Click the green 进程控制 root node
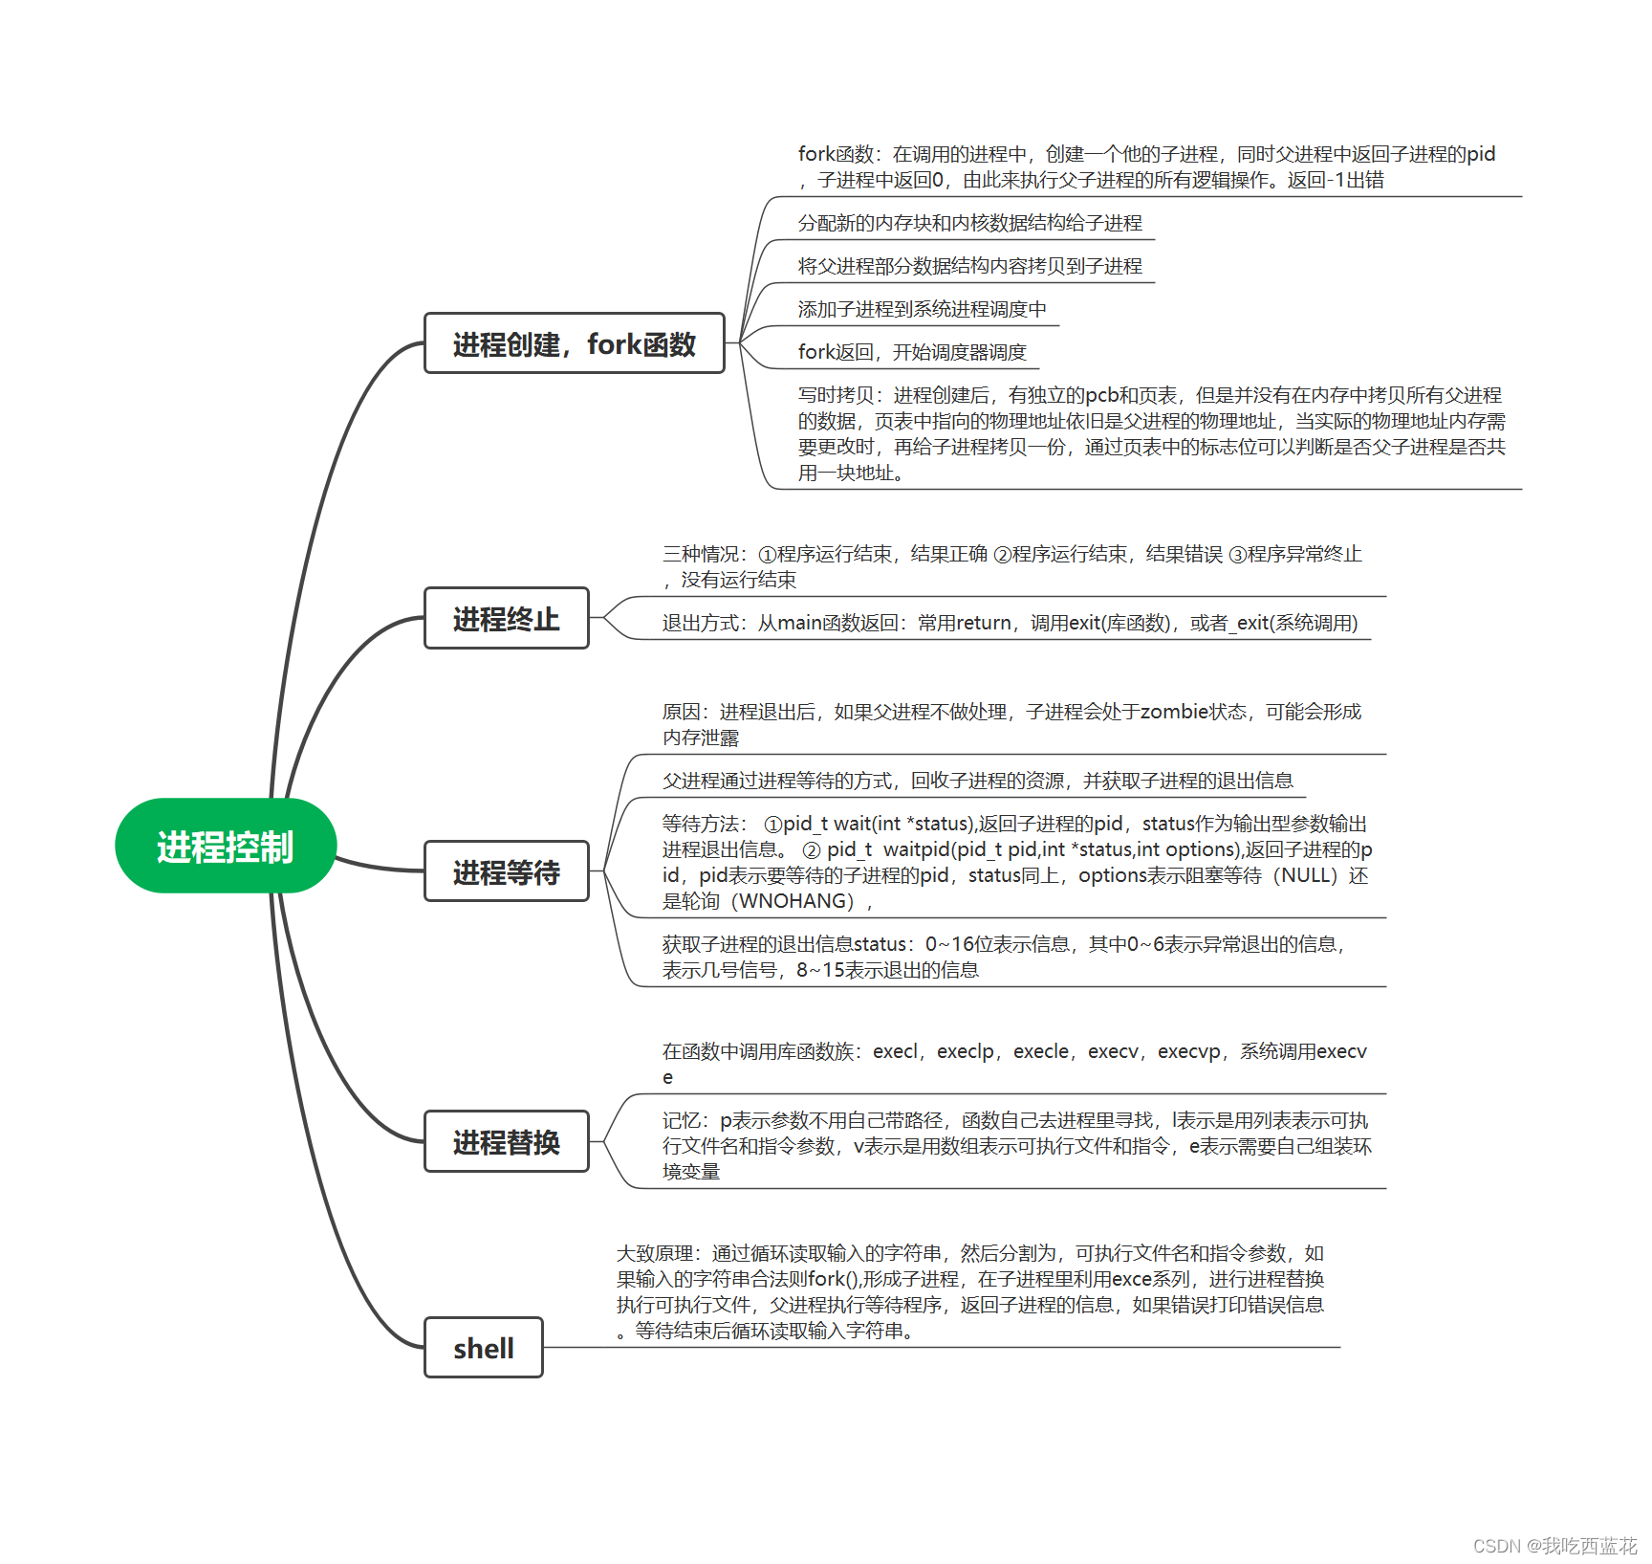click(x=226, y=846)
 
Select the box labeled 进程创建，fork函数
click(x=574, y=343)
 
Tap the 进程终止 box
click(x=506, y=619)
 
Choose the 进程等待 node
click(x=506, y=871)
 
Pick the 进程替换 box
click(x=506, y=1141)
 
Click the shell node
click(x=483, y=1348)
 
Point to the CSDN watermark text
click(x=1554, y=1546)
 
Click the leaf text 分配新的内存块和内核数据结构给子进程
click(x=969, y=223)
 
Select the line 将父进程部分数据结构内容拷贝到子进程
click(x=969, y=266)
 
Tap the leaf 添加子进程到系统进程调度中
click(x=922, y=309)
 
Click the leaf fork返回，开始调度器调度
click(x=912, y=352)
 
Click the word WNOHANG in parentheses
click(x=795, y=901)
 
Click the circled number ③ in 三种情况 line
click(x=1237, y=554)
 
